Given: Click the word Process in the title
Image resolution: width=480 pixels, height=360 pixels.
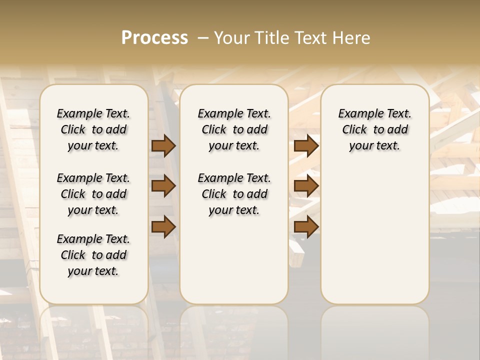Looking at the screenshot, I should coord(154,38).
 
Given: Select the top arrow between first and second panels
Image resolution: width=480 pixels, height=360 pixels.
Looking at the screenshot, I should coord(163,146).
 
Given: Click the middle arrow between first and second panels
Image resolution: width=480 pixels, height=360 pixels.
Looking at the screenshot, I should coord(163,186).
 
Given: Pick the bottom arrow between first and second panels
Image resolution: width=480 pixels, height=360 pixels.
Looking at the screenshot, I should coord(163,226).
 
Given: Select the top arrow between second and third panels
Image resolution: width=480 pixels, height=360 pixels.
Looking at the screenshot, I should coord(306,146).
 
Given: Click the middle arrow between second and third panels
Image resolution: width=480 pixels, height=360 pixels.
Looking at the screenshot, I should coord(306,186).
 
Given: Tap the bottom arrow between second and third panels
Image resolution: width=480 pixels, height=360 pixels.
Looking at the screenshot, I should coord(306,226).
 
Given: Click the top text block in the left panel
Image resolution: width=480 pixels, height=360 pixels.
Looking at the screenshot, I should coord(93,129).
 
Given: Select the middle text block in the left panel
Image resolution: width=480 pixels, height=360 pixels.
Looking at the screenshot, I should coord(93,194).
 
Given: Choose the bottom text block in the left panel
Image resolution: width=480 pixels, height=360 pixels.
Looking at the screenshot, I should coord(93,255).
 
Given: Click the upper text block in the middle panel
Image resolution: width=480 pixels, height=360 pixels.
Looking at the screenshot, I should coord(234,129).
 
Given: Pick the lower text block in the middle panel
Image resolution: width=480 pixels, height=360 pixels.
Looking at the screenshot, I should coord(234,194).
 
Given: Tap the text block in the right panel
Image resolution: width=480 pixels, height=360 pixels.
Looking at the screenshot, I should coord(374,129).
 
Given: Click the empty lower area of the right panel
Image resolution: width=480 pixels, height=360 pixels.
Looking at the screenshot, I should coord(374,235).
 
